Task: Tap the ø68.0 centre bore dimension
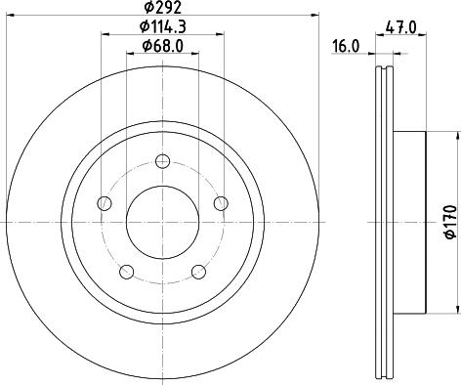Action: click(163, 46)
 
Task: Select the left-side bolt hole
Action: click(105, 203)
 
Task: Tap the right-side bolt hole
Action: click(222, 202)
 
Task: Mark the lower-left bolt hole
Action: click(126, 272)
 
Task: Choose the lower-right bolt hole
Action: click(199, 272)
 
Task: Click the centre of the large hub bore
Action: click(163, 221)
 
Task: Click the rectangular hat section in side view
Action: click(409, 222)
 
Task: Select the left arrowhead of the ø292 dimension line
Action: click(8, 15)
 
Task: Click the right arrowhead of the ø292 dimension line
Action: click(318, 15)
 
